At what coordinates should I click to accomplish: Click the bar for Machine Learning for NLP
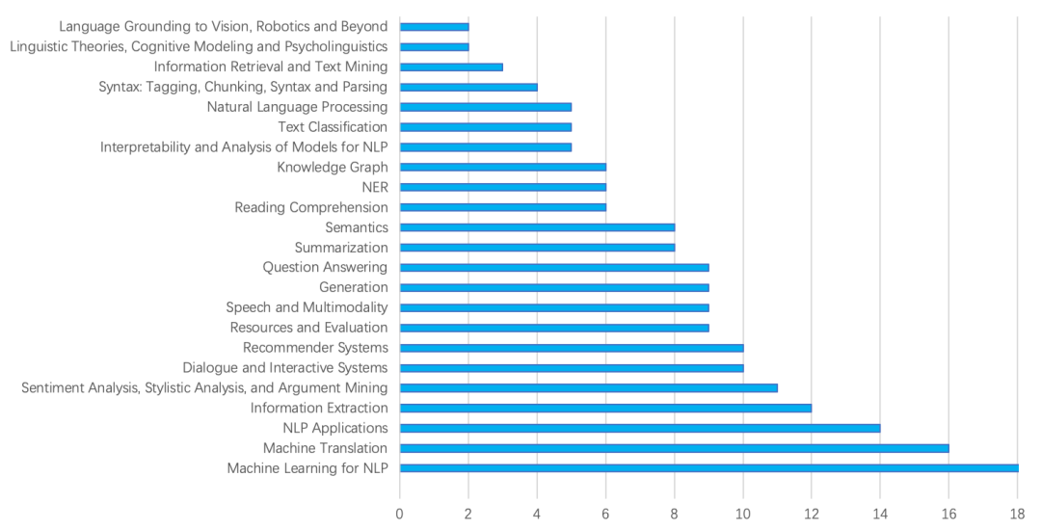pyautogui.click(x=708, y=468)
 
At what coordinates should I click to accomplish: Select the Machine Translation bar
pyautogui.click(x=675, y=448)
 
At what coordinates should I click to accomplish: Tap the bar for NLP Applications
pyautogui.click(x=640, y=428)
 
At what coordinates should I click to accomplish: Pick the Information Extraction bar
pyautogui.click(x=605, y=408)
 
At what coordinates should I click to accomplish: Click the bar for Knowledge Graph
pyautogui.click(x=502, y=167)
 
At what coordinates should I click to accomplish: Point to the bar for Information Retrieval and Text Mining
pyautogui.click(x=451, y=66)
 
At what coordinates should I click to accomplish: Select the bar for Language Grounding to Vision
pyautogui.click(x=434, y=26)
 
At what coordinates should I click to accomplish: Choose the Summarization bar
pyautogui.click(x=537, y=248)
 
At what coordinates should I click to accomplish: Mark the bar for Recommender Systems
pyautogui.click(x=572, y=348)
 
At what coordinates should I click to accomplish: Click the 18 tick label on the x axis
pyautogui.click(x=1017, y=513)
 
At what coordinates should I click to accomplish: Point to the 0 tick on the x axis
pyautogui.click(x=400, y=513)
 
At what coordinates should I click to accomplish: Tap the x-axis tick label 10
pyautogui.click(x=742, y=513)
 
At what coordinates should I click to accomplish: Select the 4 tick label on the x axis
pyautogui.click(x=537, y=513)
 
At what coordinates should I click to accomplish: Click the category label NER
pyautogui.click(x=375, y=187)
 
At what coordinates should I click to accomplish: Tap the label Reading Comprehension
pyautogui.click(x=311, y=207)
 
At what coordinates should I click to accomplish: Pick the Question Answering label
pyautogui.click(x=325, y=267)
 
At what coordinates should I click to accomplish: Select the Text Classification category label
pyautogui.click(x=333, y=126)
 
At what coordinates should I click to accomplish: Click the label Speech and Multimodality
pyautogui.click(x=307, y=307)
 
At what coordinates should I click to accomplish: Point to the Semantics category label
pyautogui.click(x=357, y=227)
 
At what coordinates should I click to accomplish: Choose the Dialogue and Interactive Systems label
pyautogui.click(x=285, y=367)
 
